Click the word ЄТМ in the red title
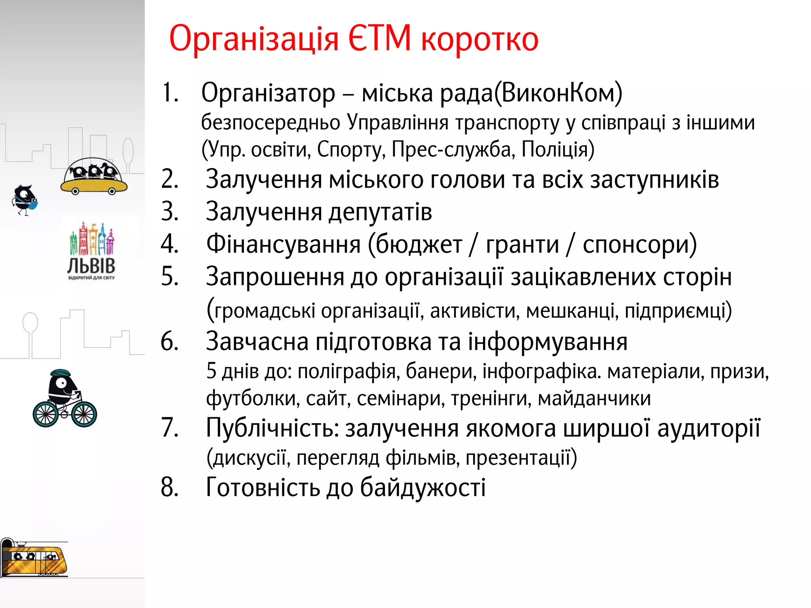380,39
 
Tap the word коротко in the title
480,40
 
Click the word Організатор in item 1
268,93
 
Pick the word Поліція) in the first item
558,150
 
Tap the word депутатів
380,212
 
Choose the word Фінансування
283,244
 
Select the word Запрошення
275,277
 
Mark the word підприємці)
678,311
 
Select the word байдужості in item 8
423,487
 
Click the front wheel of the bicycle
84,414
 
